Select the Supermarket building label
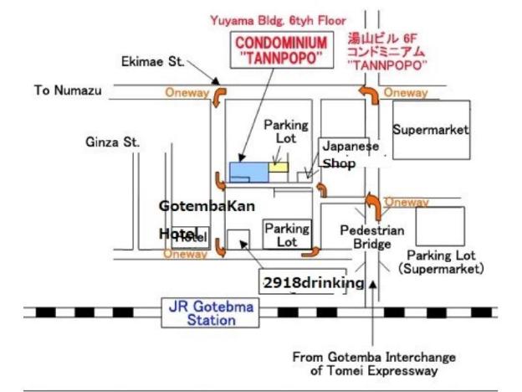(431, 130)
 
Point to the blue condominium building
(248, 171)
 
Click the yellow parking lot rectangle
(278, 167)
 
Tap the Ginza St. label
(112, 142)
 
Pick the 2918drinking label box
(313, 282)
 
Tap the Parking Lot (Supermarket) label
(441, 261)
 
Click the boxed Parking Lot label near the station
(286, 234)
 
